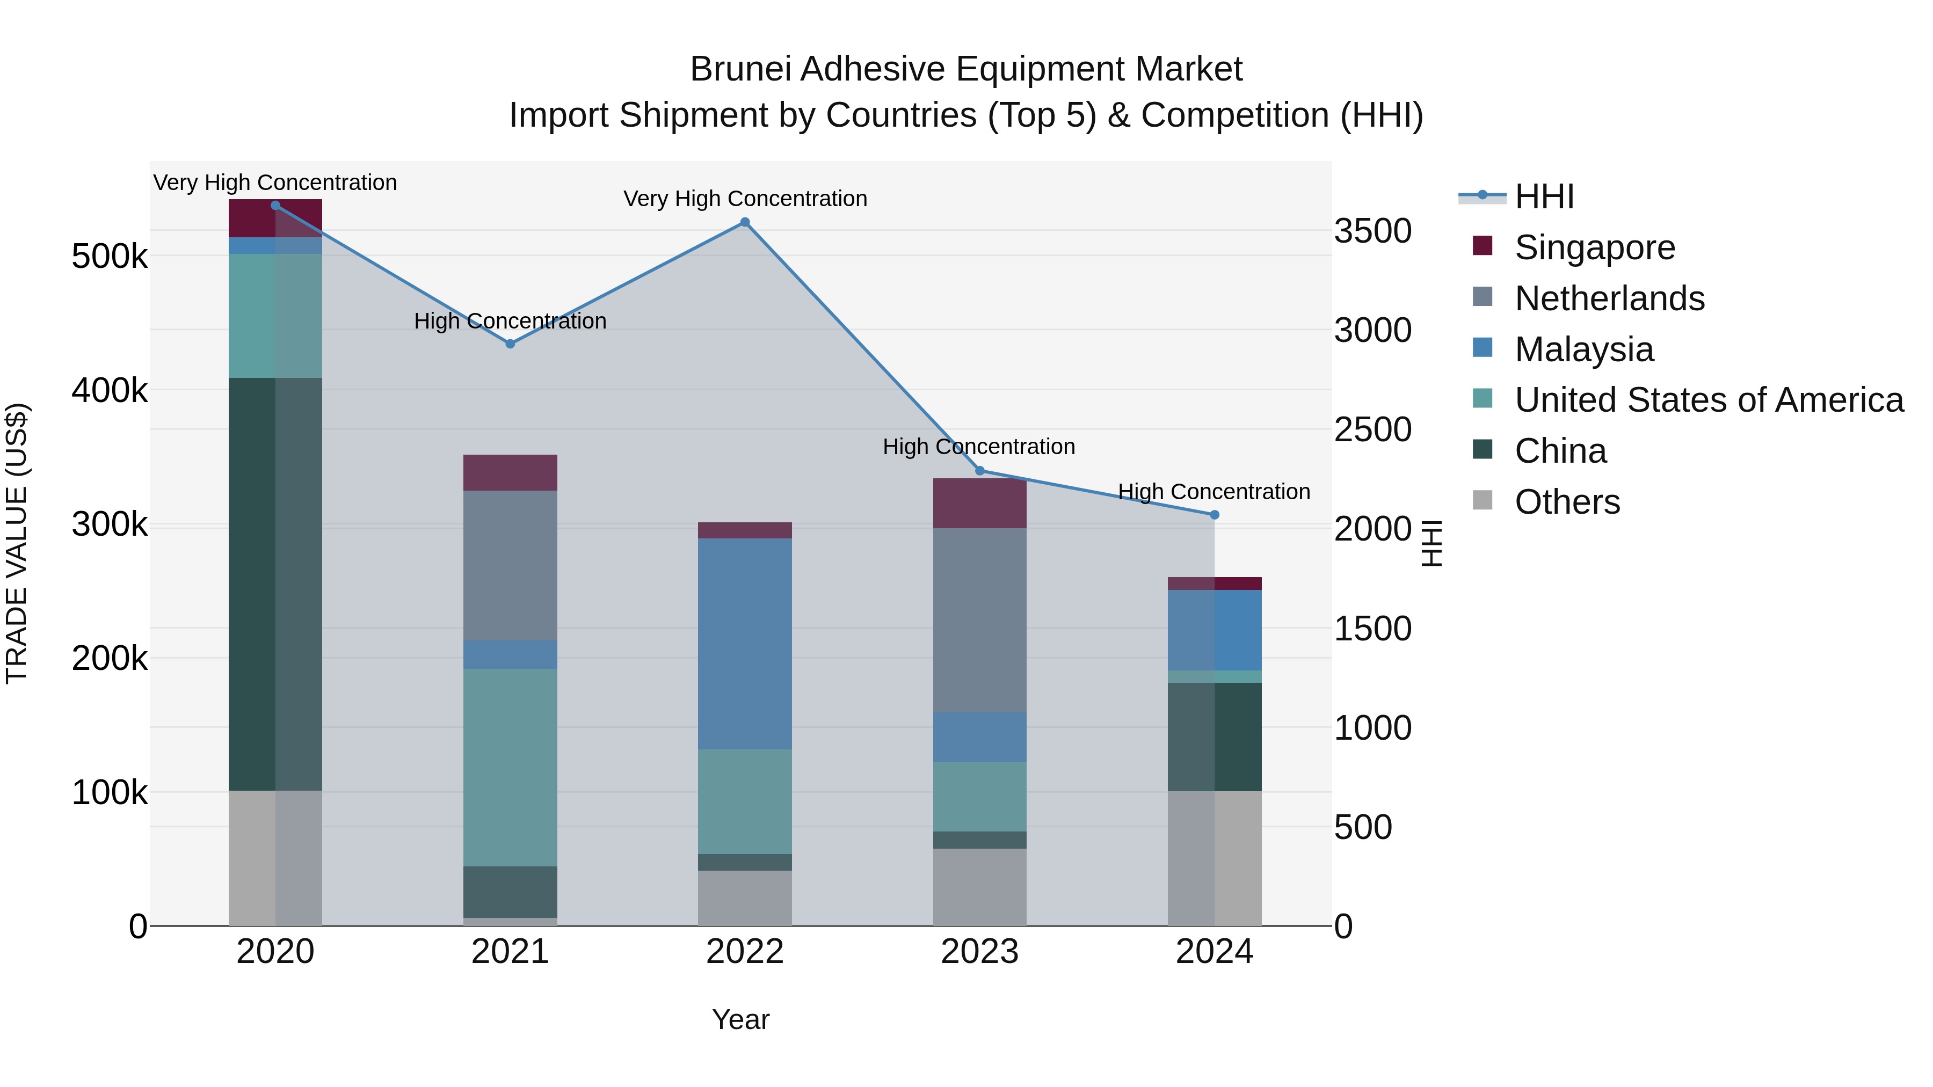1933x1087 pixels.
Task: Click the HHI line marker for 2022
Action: [744, 222]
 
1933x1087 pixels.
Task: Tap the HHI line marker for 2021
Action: [510, 344]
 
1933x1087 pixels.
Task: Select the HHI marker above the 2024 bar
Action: [1214, 515]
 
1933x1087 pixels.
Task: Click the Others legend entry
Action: [1567, 502]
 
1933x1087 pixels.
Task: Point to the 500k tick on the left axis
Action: [110, 257]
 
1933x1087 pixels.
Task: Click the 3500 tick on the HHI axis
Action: [1372, 231]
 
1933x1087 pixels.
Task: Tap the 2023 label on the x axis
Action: [979, 952]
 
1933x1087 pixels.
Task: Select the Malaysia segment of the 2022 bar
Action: [744, 643]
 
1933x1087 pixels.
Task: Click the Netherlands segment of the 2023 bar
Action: [979, 619]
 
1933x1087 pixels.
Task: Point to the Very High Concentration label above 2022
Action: [744, 199]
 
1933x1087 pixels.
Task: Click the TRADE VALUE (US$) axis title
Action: [17, 543]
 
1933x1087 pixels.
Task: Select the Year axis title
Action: [740, 1019]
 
